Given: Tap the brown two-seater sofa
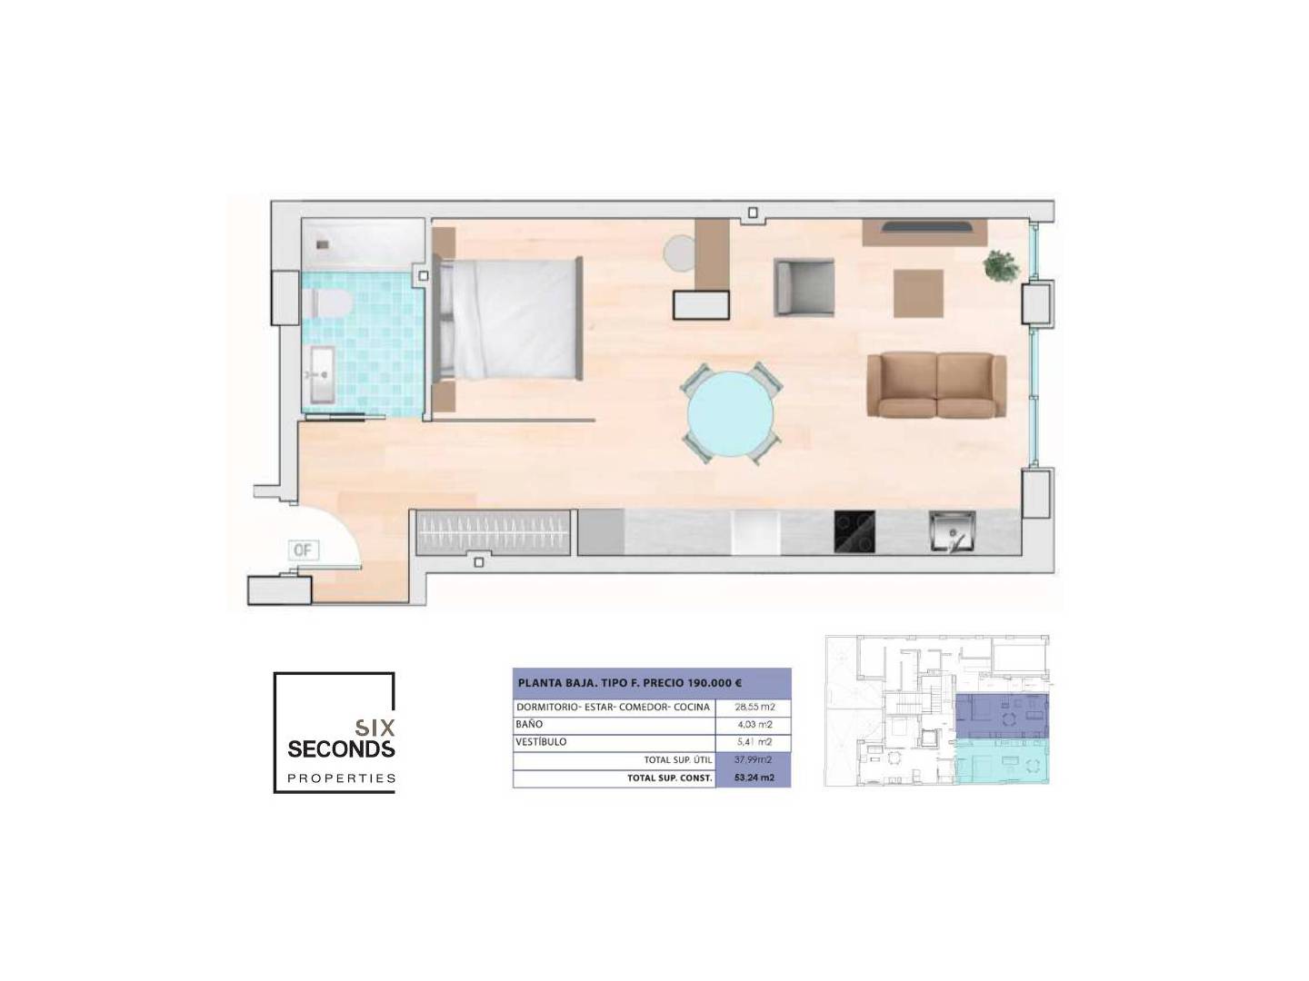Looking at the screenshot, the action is pyautogui.click(x=936, y=385).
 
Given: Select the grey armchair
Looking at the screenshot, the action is pyautogui.click(x=804, y=287).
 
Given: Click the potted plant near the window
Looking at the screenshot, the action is pyautogui.click(x=1001, y=265).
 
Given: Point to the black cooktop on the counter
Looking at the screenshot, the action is pyautogui.click(x=854, y=531).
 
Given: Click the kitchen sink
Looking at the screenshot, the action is pyautogui.click(x=953, y=531).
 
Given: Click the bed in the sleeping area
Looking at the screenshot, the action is pyautogui.click(x=510, y=318).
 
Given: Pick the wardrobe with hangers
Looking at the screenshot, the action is pyautogui.click(x=494, y=532).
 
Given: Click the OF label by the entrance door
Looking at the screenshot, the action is pyautogui.click(x=303, y=550).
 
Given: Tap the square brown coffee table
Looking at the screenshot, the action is pyautogui.click(x=918, y=293).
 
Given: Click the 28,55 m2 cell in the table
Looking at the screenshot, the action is pyautogui.click(x=754, y=707).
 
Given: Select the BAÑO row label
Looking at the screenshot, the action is pyautogui.click(x=529, y=725).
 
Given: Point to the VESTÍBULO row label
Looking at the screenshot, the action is pyautogui.click(x=541, y=742).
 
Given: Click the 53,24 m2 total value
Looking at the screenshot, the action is pyautogui.click(x=754, y=778).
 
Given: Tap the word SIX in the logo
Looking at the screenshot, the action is pyautogui.click(x=375, y=728).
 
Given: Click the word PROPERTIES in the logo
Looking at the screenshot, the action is pyautogui.click(x=342, y=778).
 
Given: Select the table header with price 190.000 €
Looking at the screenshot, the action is pyautogui.click(x=651, y=683).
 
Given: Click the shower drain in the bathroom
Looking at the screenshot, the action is pyautogui.click(x=323, y=244).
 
